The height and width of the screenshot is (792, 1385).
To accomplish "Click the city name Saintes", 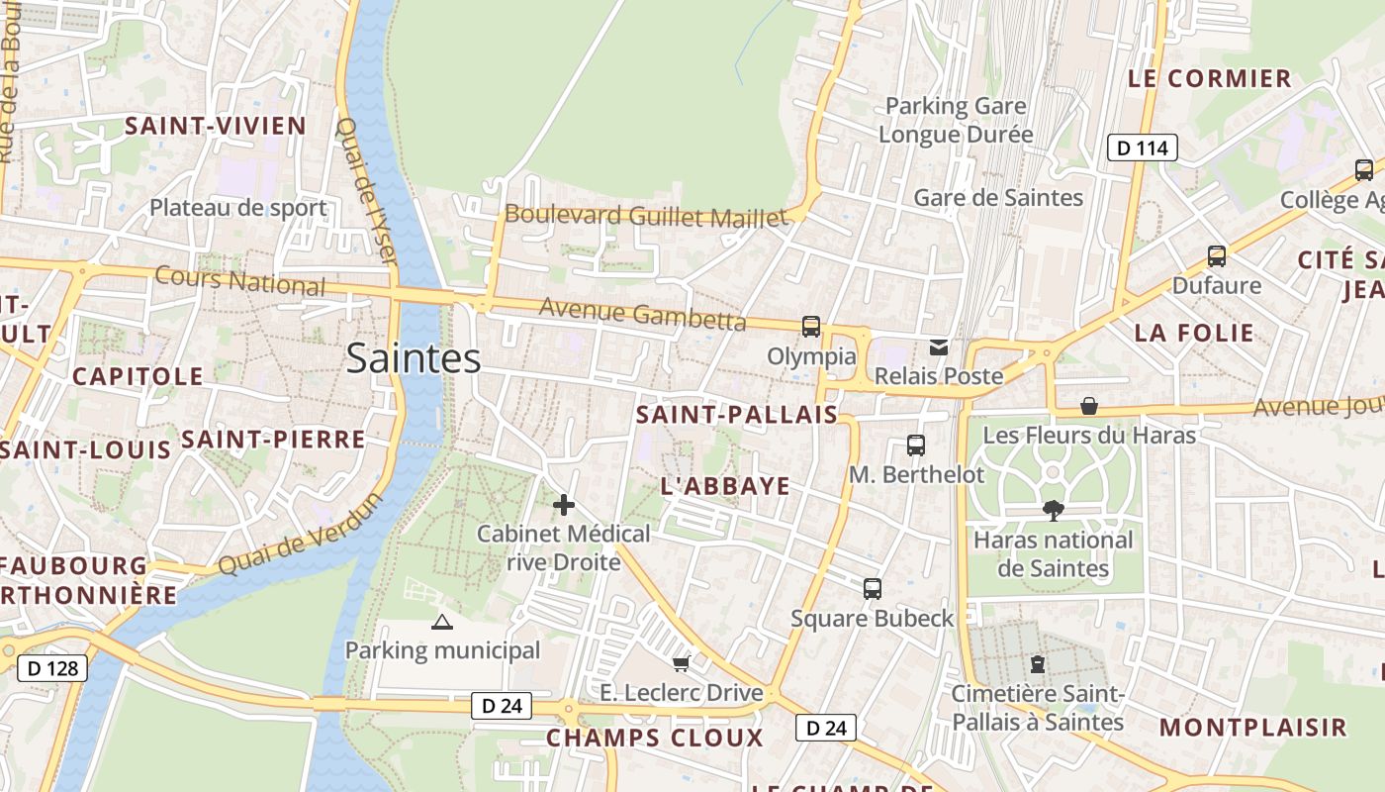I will coord(414,358).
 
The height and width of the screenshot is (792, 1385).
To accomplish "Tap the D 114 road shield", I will coord(1141,148).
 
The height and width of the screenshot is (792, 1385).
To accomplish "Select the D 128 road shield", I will coord(52,668).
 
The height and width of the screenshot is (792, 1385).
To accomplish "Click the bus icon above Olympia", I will coord(811,327).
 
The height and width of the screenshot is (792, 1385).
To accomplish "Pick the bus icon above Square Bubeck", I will coord(873,589).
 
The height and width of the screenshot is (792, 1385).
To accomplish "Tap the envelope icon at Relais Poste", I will coord(938,347).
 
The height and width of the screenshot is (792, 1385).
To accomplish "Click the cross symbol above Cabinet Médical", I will coord(564,505).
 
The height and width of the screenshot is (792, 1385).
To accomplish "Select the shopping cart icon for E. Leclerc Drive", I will coord(681,663).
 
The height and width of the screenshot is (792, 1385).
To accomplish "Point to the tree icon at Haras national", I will coord(1053,511).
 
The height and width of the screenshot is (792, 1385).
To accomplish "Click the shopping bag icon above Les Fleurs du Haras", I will coord(1089,406).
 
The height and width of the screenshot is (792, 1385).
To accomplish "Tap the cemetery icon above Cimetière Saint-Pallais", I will coord(1038,663).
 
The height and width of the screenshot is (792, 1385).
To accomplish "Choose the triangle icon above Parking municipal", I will coord(442,622).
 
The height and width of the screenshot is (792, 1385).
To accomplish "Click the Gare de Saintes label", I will coord(998,198).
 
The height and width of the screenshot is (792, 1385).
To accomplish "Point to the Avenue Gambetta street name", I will coord(642,314).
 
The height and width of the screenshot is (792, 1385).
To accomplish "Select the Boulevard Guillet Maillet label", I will coord(646,215).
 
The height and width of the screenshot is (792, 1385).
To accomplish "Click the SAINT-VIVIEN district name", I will coord(215,126).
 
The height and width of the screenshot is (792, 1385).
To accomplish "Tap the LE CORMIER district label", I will coord(1210,78).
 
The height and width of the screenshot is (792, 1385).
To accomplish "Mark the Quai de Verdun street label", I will coord(300,535).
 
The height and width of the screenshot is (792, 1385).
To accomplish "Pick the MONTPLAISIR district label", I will coord(1253,728).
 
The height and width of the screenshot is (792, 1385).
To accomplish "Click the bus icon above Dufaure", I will coord(1217,256).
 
